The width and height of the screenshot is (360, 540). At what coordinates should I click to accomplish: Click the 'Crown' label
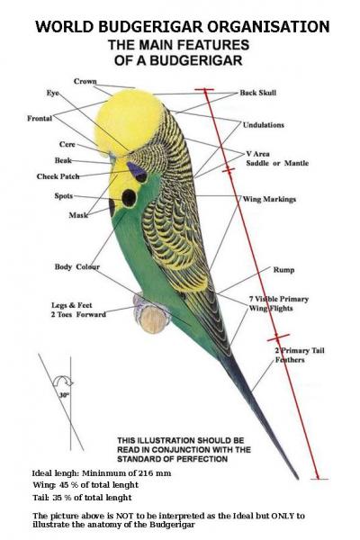coord(85,81)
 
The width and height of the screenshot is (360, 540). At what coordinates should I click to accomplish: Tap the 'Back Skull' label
coord(258,93)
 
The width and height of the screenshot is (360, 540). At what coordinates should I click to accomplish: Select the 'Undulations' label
coord(264,125)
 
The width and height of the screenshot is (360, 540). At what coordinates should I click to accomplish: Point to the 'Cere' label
coord(67,144)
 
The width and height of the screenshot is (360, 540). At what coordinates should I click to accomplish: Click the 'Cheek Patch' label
coord(58,176)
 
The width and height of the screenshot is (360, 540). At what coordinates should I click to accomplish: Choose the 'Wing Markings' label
coord(269,199)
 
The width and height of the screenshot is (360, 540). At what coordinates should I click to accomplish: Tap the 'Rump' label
coord(283,270)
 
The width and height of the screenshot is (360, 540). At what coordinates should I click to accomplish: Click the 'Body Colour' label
coord(77,267)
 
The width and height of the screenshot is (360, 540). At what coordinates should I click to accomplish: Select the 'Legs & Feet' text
coord(72,305)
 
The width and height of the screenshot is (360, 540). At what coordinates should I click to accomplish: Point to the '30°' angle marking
coord(64,395)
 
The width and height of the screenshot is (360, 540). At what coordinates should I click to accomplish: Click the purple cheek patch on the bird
coord(137,171)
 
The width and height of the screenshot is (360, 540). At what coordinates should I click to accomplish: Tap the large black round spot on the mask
coord(129,198)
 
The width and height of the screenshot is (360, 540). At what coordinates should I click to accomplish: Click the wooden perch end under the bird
coord(151,319)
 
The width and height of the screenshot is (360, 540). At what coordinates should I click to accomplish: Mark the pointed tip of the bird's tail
coord(298,479)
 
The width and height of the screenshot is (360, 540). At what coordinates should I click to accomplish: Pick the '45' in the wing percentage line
coord(64,485)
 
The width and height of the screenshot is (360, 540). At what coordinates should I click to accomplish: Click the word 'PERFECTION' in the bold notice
coord(202,459)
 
